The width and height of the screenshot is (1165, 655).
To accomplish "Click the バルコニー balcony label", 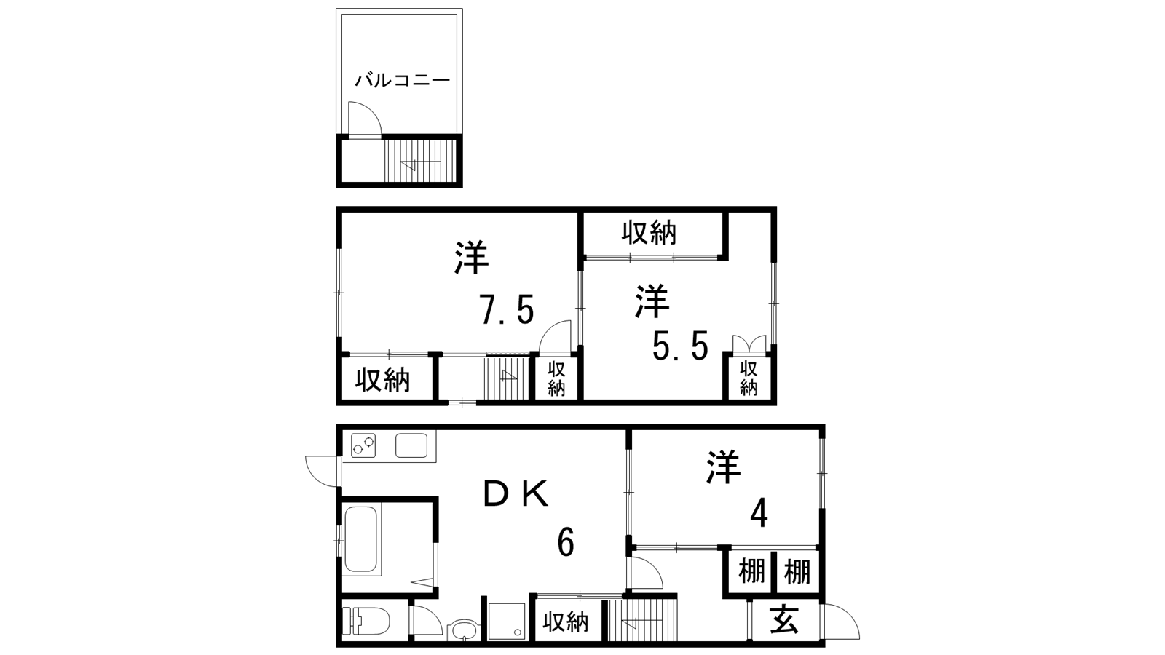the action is tap(402, 81).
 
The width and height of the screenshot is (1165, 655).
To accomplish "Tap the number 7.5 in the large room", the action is tap(507, 310).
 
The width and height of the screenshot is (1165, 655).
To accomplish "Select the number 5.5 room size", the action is tap(680, 346).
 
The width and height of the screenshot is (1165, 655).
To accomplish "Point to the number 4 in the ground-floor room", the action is tap(759, 514).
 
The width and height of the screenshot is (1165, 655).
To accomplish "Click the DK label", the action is tap(516, 493).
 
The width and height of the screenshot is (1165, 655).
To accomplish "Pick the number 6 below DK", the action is tap(565, 543).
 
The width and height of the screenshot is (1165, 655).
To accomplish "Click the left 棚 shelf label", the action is tap(751, 571).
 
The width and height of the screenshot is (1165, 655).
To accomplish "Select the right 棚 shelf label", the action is tap(797, 571).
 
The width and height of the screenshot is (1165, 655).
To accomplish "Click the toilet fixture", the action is tap(366, 622).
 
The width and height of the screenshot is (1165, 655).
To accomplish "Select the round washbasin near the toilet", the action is tap(461, 630).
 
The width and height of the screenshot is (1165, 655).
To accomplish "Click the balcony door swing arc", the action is tap(371, 112).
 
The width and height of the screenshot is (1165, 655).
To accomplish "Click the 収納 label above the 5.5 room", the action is tap(649, 234).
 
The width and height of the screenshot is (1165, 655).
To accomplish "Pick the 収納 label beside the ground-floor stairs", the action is tap(566, 622).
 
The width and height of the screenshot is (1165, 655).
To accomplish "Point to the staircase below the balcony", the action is tap(421, 160).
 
